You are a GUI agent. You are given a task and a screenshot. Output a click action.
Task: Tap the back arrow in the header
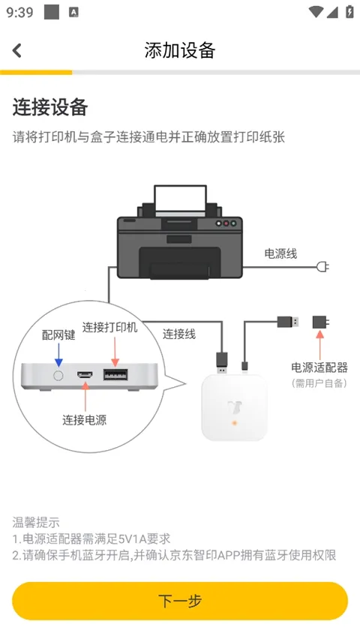(17, 50)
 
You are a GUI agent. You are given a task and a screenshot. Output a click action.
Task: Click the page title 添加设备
(180, 50)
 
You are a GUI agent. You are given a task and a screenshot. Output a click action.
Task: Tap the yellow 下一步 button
(180, 601)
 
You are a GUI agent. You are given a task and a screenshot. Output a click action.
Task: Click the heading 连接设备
(50, 107)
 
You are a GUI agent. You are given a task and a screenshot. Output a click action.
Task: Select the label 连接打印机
(110, 328)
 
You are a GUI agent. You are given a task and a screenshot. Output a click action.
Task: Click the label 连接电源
(84, 420)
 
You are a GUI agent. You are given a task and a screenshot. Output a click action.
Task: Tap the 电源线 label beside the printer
(280, 253)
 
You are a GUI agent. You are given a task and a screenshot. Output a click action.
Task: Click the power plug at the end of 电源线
(323, 266)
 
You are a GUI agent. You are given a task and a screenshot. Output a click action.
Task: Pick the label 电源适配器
(319, 367)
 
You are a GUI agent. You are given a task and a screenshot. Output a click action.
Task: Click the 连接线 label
(179, 334)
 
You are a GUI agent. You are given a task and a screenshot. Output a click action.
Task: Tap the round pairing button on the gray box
(57, 373)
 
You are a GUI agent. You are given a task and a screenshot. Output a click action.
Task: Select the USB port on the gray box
(115, 373)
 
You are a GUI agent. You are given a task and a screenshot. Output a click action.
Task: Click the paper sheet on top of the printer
(180, 199)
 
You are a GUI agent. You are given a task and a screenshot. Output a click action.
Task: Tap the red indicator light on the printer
(219, 223)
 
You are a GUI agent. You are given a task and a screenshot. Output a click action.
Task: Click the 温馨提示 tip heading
(36, 522)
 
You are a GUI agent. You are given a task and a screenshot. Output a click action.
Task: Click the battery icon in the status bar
(349, 12)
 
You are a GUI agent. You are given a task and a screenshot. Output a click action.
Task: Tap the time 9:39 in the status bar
(19, 12)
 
